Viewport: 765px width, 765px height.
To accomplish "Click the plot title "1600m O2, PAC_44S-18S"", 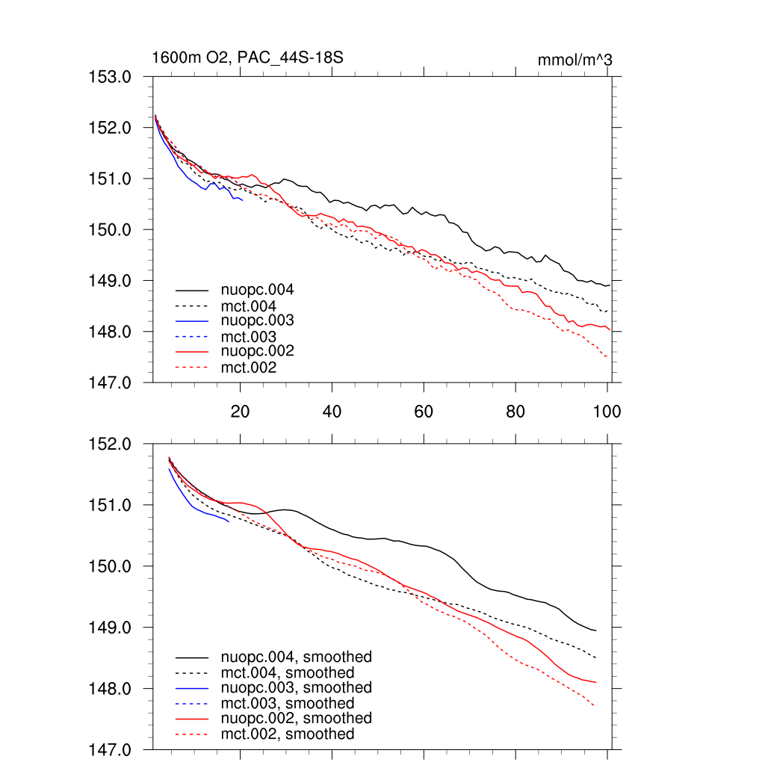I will click(x=247, y=58).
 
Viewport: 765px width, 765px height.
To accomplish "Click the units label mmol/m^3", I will click(x=574, y=60).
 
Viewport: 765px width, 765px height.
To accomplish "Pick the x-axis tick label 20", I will click(x=240, y=411).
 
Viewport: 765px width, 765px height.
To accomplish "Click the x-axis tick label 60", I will click(x=424, y=411).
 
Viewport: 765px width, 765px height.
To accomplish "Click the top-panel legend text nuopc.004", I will click(x=252, y=290).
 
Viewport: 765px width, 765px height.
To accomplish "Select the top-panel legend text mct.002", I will click(x=248, y=368).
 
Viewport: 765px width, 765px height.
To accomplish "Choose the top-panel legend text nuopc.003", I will click(x=252, y=320).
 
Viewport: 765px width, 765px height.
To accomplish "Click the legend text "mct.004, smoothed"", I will click(x=288, y=673).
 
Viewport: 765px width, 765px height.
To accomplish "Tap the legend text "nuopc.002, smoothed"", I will click(x=296, y=718).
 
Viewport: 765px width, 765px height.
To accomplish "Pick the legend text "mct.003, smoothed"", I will click(x=288, y=703).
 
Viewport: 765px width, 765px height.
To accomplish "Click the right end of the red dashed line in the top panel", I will click(x=607, y=357).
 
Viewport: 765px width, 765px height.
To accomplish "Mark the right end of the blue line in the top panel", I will click(x=243, y=200).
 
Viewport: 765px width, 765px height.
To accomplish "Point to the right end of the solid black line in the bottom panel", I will click(x=596, y=631).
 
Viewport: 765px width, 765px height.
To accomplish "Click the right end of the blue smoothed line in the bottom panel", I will click(x=229, y=521).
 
